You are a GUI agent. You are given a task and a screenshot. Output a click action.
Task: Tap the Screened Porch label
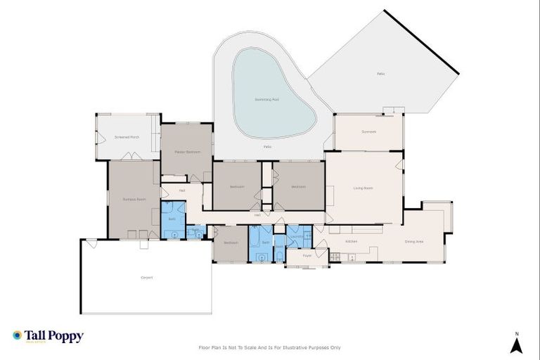127,137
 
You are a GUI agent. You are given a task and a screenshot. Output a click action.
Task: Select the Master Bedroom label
188,152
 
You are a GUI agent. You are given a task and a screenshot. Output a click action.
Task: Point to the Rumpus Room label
133,200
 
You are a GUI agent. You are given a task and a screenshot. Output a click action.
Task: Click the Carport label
146,278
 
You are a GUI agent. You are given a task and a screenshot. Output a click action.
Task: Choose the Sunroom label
368,131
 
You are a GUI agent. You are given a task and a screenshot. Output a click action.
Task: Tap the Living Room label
363,187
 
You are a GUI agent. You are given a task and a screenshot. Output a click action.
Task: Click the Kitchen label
352,241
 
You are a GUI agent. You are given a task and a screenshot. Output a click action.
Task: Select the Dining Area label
413,241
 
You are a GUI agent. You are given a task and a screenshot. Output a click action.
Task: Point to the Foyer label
307,255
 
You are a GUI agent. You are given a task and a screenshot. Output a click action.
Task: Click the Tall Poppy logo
48,336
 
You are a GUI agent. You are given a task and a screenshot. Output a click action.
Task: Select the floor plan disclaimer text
269,347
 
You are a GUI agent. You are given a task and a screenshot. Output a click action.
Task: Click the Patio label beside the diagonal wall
380,73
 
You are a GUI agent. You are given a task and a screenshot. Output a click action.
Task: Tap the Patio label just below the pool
267,146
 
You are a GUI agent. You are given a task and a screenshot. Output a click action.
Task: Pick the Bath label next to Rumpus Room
172,219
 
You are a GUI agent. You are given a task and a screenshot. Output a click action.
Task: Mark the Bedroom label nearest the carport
231,243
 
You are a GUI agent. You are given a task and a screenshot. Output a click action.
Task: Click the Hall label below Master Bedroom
181,190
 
